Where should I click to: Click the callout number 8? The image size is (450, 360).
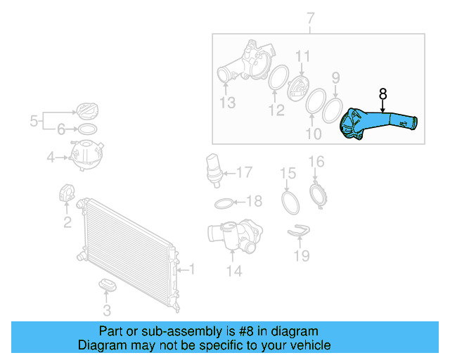click(x=382, y=93)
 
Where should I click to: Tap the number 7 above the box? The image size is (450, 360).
click(x=310, y=20)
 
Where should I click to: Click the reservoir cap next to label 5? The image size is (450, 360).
click(x=87, y=110)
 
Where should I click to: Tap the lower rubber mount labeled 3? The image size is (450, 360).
click(x=107, y=285)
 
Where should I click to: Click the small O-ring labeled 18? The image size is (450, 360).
click(x=224, y=203)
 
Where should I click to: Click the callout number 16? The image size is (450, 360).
click(x=316, y=162)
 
